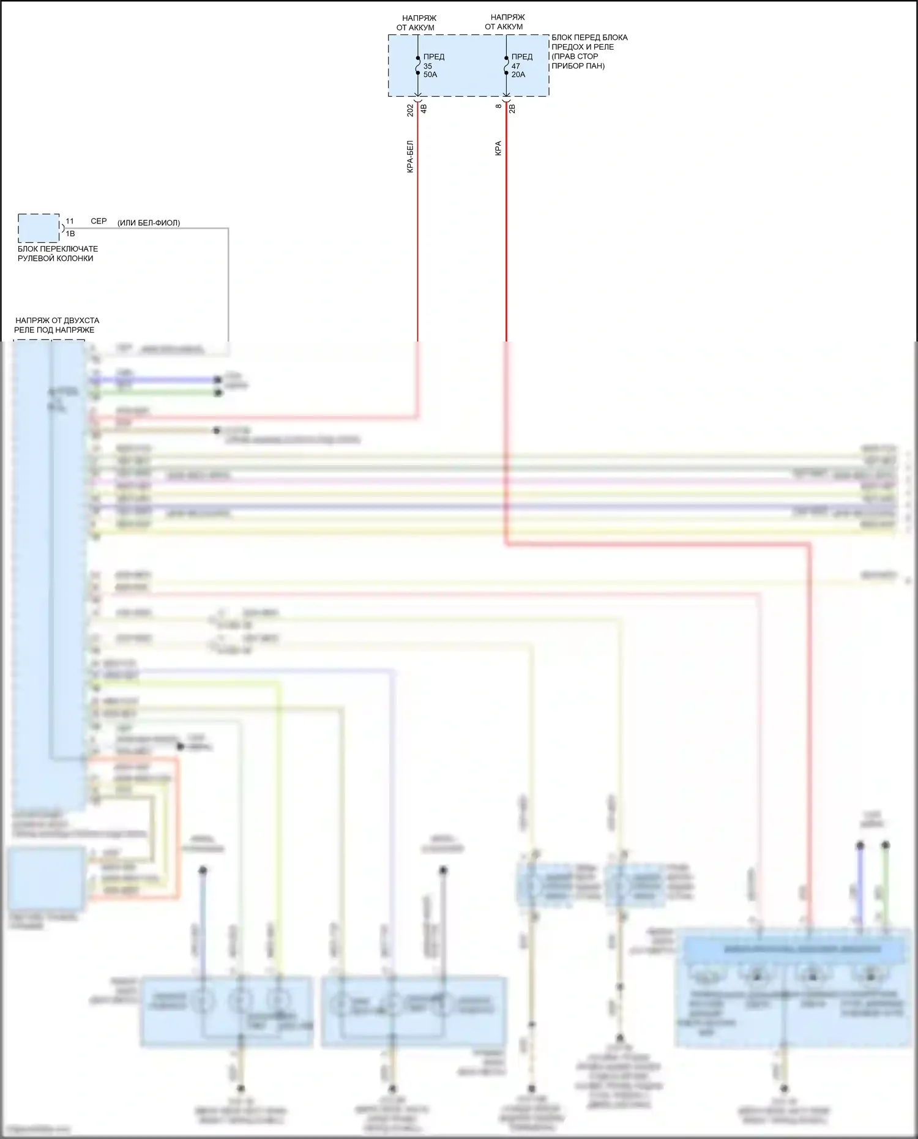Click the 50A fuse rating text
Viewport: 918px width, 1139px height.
point(430,75)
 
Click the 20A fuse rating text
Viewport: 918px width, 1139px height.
point(518,75)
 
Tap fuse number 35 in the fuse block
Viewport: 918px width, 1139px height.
point(428,66)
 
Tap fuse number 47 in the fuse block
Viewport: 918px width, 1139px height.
point(516,66)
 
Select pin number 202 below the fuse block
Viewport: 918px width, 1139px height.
point(411,110)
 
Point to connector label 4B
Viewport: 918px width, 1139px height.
point(424,109)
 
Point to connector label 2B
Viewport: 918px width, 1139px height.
point(512,108)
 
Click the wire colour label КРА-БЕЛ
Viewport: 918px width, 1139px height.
point(411,157)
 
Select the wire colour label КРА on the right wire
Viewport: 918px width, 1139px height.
point(498,149)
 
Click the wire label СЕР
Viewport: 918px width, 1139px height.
point(99,221)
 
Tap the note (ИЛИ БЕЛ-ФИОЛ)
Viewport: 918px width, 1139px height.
point(149,223)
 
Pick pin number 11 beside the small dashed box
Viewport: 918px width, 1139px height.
point(70,221)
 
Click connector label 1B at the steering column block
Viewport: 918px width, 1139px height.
point(70,234)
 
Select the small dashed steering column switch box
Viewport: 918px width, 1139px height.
point(39,228)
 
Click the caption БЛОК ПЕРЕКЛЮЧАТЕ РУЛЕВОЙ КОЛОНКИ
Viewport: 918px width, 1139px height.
point(57,253)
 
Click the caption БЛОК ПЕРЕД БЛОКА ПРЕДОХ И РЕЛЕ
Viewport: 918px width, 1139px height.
point(589,51)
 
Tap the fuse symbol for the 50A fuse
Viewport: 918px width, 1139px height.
point(418,65)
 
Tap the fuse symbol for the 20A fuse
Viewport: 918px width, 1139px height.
point(506,65)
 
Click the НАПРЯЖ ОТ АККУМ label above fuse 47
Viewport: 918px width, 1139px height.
point(506,22)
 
